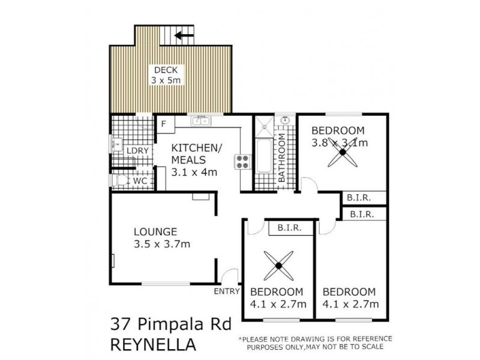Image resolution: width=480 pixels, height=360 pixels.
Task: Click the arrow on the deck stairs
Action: click(x=184, y=35)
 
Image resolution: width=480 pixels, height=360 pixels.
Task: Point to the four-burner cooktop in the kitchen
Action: click(x=242, y=161)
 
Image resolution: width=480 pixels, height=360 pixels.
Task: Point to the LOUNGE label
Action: click(x=155, y=231)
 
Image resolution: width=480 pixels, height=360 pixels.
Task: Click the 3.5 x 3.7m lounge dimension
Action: click(x=162, y=244)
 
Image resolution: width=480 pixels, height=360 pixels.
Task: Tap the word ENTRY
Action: click(x=226, y=292)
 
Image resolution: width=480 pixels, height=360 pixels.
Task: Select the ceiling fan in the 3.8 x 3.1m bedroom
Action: click(x=343, y=153)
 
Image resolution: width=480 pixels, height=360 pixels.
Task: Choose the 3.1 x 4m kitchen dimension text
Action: click(x=194, y=172)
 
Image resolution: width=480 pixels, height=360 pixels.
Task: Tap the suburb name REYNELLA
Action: click(x=153, y=346)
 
